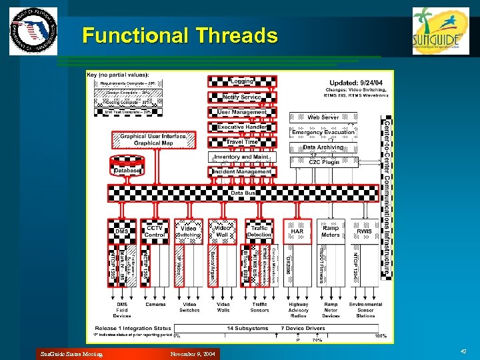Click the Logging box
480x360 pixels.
pos(241,81)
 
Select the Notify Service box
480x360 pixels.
pos(241,97)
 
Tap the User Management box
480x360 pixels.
pos(241,113)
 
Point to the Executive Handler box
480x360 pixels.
pos(241,127)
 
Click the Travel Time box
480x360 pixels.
pos(241,142)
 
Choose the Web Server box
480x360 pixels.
pos(323,117)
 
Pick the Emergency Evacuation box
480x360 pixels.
pos(323,133)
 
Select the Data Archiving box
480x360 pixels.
pos(323,147)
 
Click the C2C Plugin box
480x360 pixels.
pos(323,161)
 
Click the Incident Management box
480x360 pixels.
pos(241,171)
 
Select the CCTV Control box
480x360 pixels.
pos(155,231)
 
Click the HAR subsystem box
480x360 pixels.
pos(297,231)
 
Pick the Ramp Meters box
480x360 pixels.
pos(331,231)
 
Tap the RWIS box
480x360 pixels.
pos(364,231)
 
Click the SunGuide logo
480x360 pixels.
pos(436,30)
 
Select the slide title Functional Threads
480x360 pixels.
pos(179,35)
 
